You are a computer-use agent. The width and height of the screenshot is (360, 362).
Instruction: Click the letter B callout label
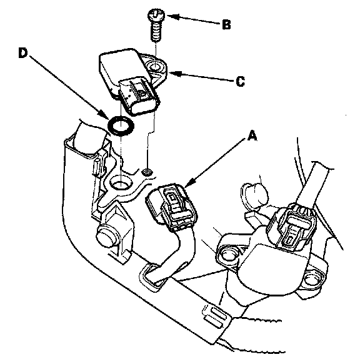pyautogui.click(x=226, y=24)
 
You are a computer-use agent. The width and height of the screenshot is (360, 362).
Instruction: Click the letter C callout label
pyautogui.click(x=241, y=81)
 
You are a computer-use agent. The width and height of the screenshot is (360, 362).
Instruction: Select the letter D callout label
pyautogui.click(x=23, y=53)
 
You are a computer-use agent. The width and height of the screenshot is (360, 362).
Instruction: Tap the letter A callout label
pyautogui.click(x=252, y=135)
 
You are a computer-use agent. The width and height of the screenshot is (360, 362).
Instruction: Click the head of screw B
pyautogui.click(x=156, y=15)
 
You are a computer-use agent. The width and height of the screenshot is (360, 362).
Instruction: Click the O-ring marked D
pyautogui.click(x=121, y=127)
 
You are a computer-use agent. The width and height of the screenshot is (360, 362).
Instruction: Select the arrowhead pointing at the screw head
pyautogui.click(x=172, y=16)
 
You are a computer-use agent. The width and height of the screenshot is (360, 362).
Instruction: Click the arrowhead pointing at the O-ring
pyautogui.click(x=103, y=114)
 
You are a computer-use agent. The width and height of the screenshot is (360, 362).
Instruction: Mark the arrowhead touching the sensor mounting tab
pyautogui.click(x=175, y=74)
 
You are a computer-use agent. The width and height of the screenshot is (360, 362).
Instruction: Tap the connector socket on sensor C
pyautogui.click(x=139, y=97)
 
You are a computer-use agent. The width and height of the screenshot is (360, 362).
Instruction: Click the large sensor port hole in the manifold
pyautogui.click(x=121, y=182)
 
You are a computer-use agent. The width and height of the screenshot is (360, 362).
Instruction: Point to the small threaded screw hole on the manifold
pyautogui.click(x=147, y=172)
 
